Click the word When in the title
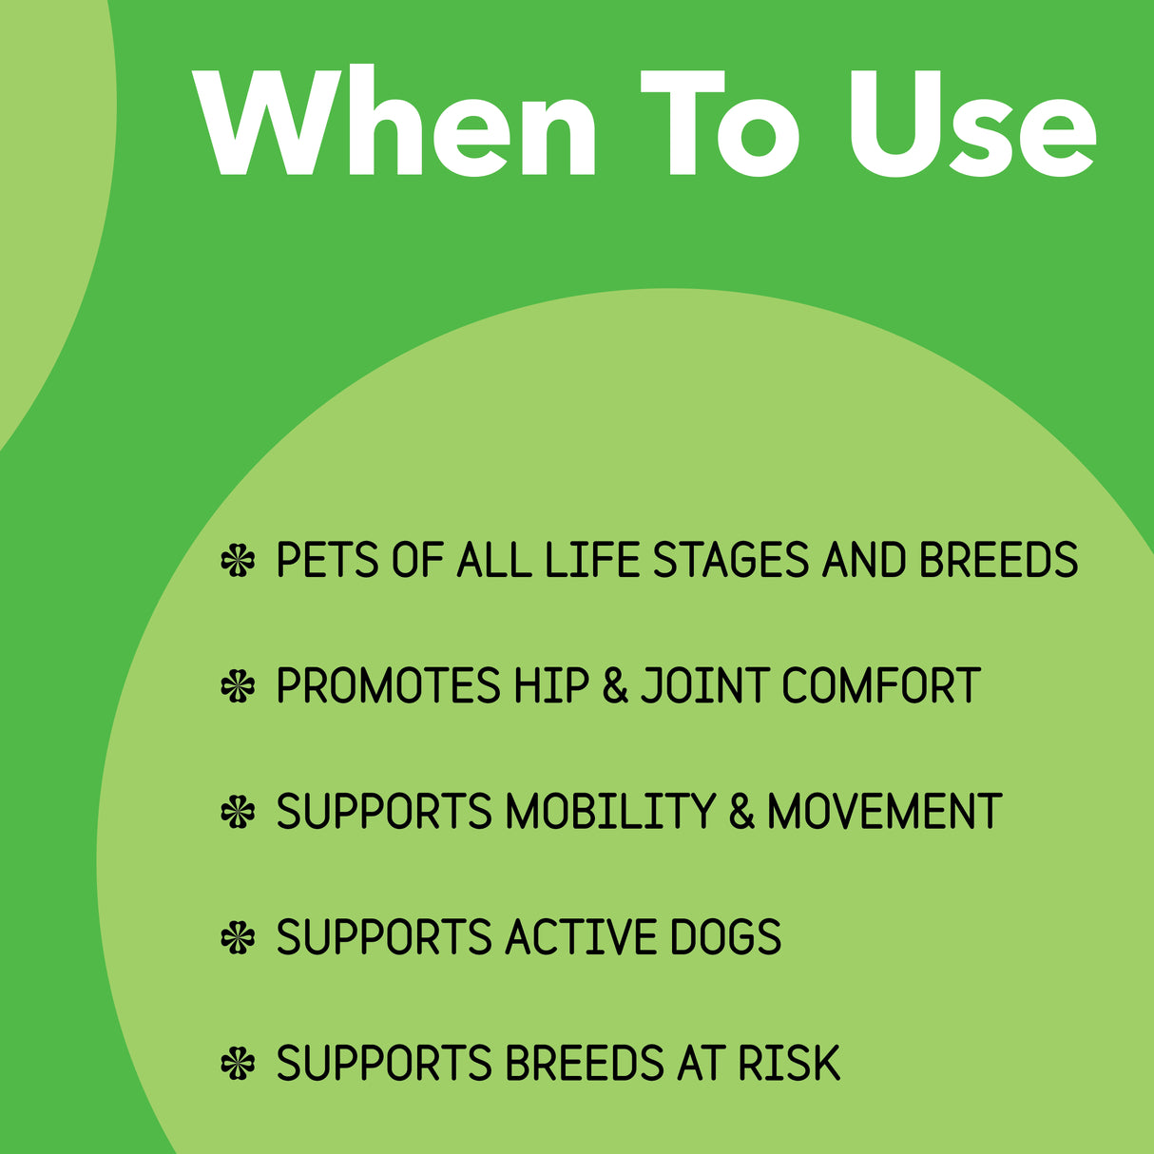tap(396, 124)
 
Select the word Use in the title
tap(971, 124)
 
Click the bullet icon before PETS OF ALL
tap(238, 560)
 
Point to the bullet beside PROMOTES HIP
tap(238, 686)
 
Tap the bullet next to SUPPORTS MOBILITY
tap(238, 812)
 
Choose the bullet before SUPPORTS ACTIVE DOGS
tap(238, 937)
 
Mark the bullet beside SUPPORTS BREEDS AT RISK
tap(238, 1064)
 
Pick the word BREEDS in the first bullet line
tap(998, 560)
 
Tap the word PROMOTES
tap(388, 686)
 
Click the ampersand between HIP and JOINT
tap(616, 686)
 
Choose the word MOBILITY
tap(609, 812)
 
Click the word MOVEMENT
tap(884, 812)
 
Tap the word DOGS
tap(725, 937)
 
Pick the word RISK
tap(789, 1064)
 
